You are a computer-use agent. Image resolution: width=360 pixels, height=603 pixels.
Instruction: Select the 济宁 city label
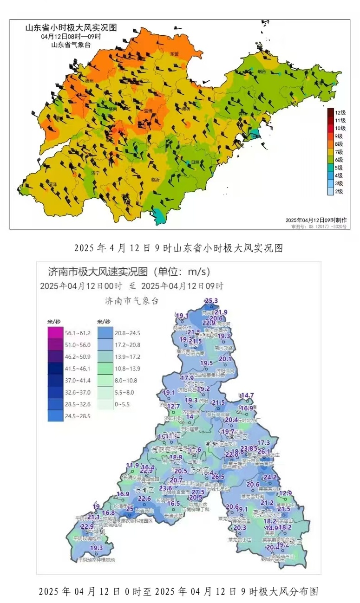tap(96, 173)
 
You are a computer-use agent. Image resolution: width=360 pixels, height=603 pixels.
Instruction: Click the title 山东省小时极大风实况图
tap(71, 28)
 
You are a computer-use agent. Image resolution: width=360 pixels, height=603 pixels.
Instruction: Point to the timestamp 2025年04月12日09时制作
tap(314, 220)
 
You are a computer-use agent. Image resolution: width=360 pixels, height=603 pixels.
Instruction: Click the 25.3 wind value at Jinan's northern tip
tap(211, 301)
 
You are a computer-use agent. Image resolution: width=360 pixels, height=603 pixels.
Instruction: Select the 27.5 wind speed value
tap(198, 492)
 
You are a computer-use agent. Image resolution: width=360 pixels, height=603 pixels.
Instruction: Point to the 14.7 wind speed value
tap(247, 396)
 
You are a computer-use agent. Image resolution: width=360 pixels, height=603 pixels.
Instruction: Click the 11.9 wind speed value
tap(132, 465)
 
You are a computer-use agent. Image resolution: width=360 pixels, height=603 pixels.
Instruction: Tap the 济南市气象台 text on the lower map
tap(131, 301)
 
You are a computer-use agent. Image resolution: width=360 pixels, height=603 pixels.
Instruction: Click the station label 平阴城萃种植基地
tap(96, 560)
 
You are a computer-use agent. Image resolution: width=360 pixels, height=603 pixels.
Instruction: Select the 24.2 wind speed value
tap(270, 477)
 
